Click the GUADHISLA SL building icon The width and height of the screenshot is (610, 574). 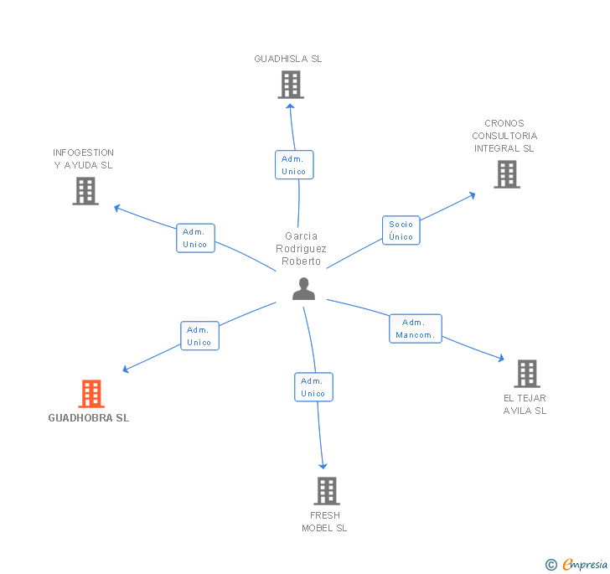(x=290, y=85)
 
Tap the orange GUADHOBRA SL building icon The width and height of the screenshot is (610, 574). (x=91, y=393)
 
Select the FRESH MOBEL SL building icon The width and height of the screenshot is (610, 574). (x=326, y=491)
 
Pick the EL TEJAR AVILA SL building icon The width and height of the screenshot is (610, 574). (x=526, y=374)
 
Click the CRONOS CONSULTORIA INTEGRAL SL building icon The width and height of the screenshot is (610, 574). (x=506, y=174)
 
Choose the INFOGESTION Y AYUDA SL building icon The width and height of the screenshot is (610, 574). (x=85, y=191)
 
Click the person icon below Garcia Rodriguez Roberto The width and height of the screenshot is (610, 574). (x=303, y=289)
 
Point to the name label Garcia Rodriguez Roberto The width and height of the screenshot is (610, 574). (x=301, y=249)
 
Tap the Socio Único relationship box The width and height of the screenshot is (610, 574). (x=401, y=230)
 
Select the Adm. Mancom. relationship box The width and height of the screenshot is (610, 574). (x=415, y=328)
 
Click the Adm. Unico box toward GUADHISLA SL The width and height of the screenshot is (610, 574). (x=294, y=165)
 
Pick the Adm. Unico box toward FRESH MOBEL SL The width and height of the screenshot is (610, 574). (x=313, y=387)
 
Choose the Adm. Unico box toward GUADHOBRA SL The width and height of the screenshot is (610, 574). (x=199, y=336)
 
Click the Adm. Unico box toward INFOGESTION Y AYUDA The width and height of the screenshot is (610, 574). (x=195, y=238)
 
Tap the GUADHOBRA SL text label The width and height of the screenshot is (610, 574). (x=89, y=418)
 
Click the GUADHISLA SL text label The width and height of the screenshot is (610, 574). (x=288, y=59)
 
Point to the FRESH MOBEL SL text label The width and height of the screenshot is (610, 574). (x=324, y=521)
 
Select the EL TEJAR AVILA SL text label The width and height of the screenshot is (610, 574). (x=525, y=404)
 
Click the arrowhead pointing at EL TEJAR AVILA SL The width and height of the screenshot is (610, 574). (x=500, y=359)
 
